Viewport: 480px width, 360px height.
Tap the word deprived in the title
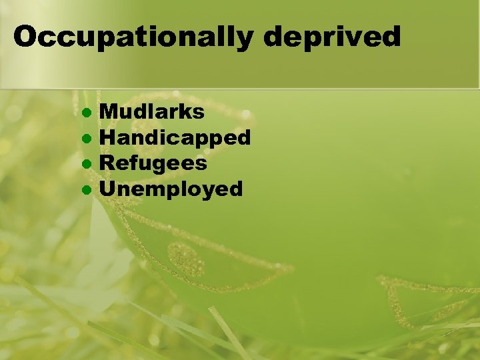coord(333,37)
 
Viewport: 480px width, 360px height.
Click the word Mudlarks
coord(152,112)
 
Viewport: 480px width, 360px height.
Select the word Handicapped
coord(175,138)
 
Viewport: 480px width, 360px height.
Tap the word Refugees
coord(153,163)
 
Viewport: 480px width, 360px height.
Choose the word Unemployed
coord(171,189)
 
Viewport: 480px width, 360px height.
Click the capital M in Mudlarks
coord(108,112)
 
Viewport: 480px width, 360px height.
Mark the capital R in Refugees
coord(107,163)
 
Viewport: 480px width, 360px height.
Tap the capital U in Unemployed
coord(107,189)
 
